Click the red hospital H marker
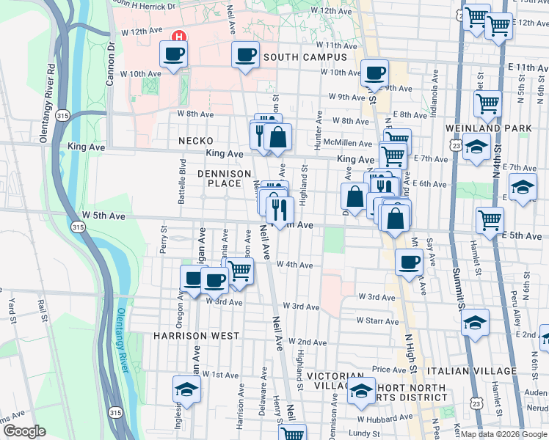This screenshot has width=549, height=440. click(177, 36)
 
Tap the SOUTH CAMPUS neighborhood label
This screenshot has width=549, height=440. click(305, 56)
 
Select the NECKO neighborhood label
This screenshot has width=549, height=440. click(195, 140)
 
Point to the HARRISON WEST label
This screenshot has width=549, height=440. click(196, 335)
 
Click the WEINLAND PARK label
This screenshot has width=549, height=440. click(488, 128)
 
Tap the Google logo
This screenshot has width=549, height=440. click(25, 431)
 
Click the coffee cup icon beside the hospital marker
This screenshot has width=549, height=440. click(174, 54)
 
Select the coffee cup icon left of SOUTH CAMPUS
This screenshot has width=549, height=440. click(245, 54)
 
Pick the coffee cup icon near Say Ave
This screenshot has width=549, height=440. click(409, 262)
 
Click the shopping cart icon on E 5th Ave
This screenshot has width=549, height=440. click(489, 218)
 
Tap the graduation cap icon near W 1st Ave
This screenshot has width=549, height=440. click(186, 388)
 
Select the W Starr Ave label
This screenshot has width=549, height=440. click(378, 320)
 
